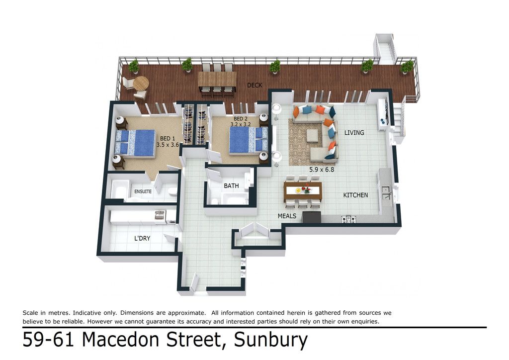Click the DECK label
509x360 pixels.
(x=254, y=86)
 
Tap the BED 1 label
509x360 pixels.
(x=168, y=139)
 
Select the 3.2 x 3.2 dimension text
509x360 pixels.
(x=241, y=124)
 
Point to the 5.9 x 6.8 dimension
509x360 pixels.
(x=322, y=169)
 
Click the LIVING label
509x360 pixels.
(x=354, y=132)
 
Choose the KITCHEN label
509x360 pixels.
(x=356, y=195)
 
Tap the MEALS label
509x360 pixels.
(x=287, y=216)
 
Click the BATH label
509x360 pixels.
(x=232, y=186)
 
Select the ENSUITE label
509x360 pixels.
(x=143, y=191)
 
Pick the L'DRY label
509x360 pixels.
(x=142, y=238)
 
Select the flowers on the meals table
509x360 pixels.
(x=306, y=189)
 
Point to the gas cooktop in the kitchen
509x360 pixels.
(x=348, y=219)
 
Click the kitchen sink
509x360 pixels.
(x=386, y=192)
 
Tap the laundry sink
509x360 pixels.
(x=159, y=215)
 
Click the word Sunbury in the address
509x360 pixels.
(x=271, y=340)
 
